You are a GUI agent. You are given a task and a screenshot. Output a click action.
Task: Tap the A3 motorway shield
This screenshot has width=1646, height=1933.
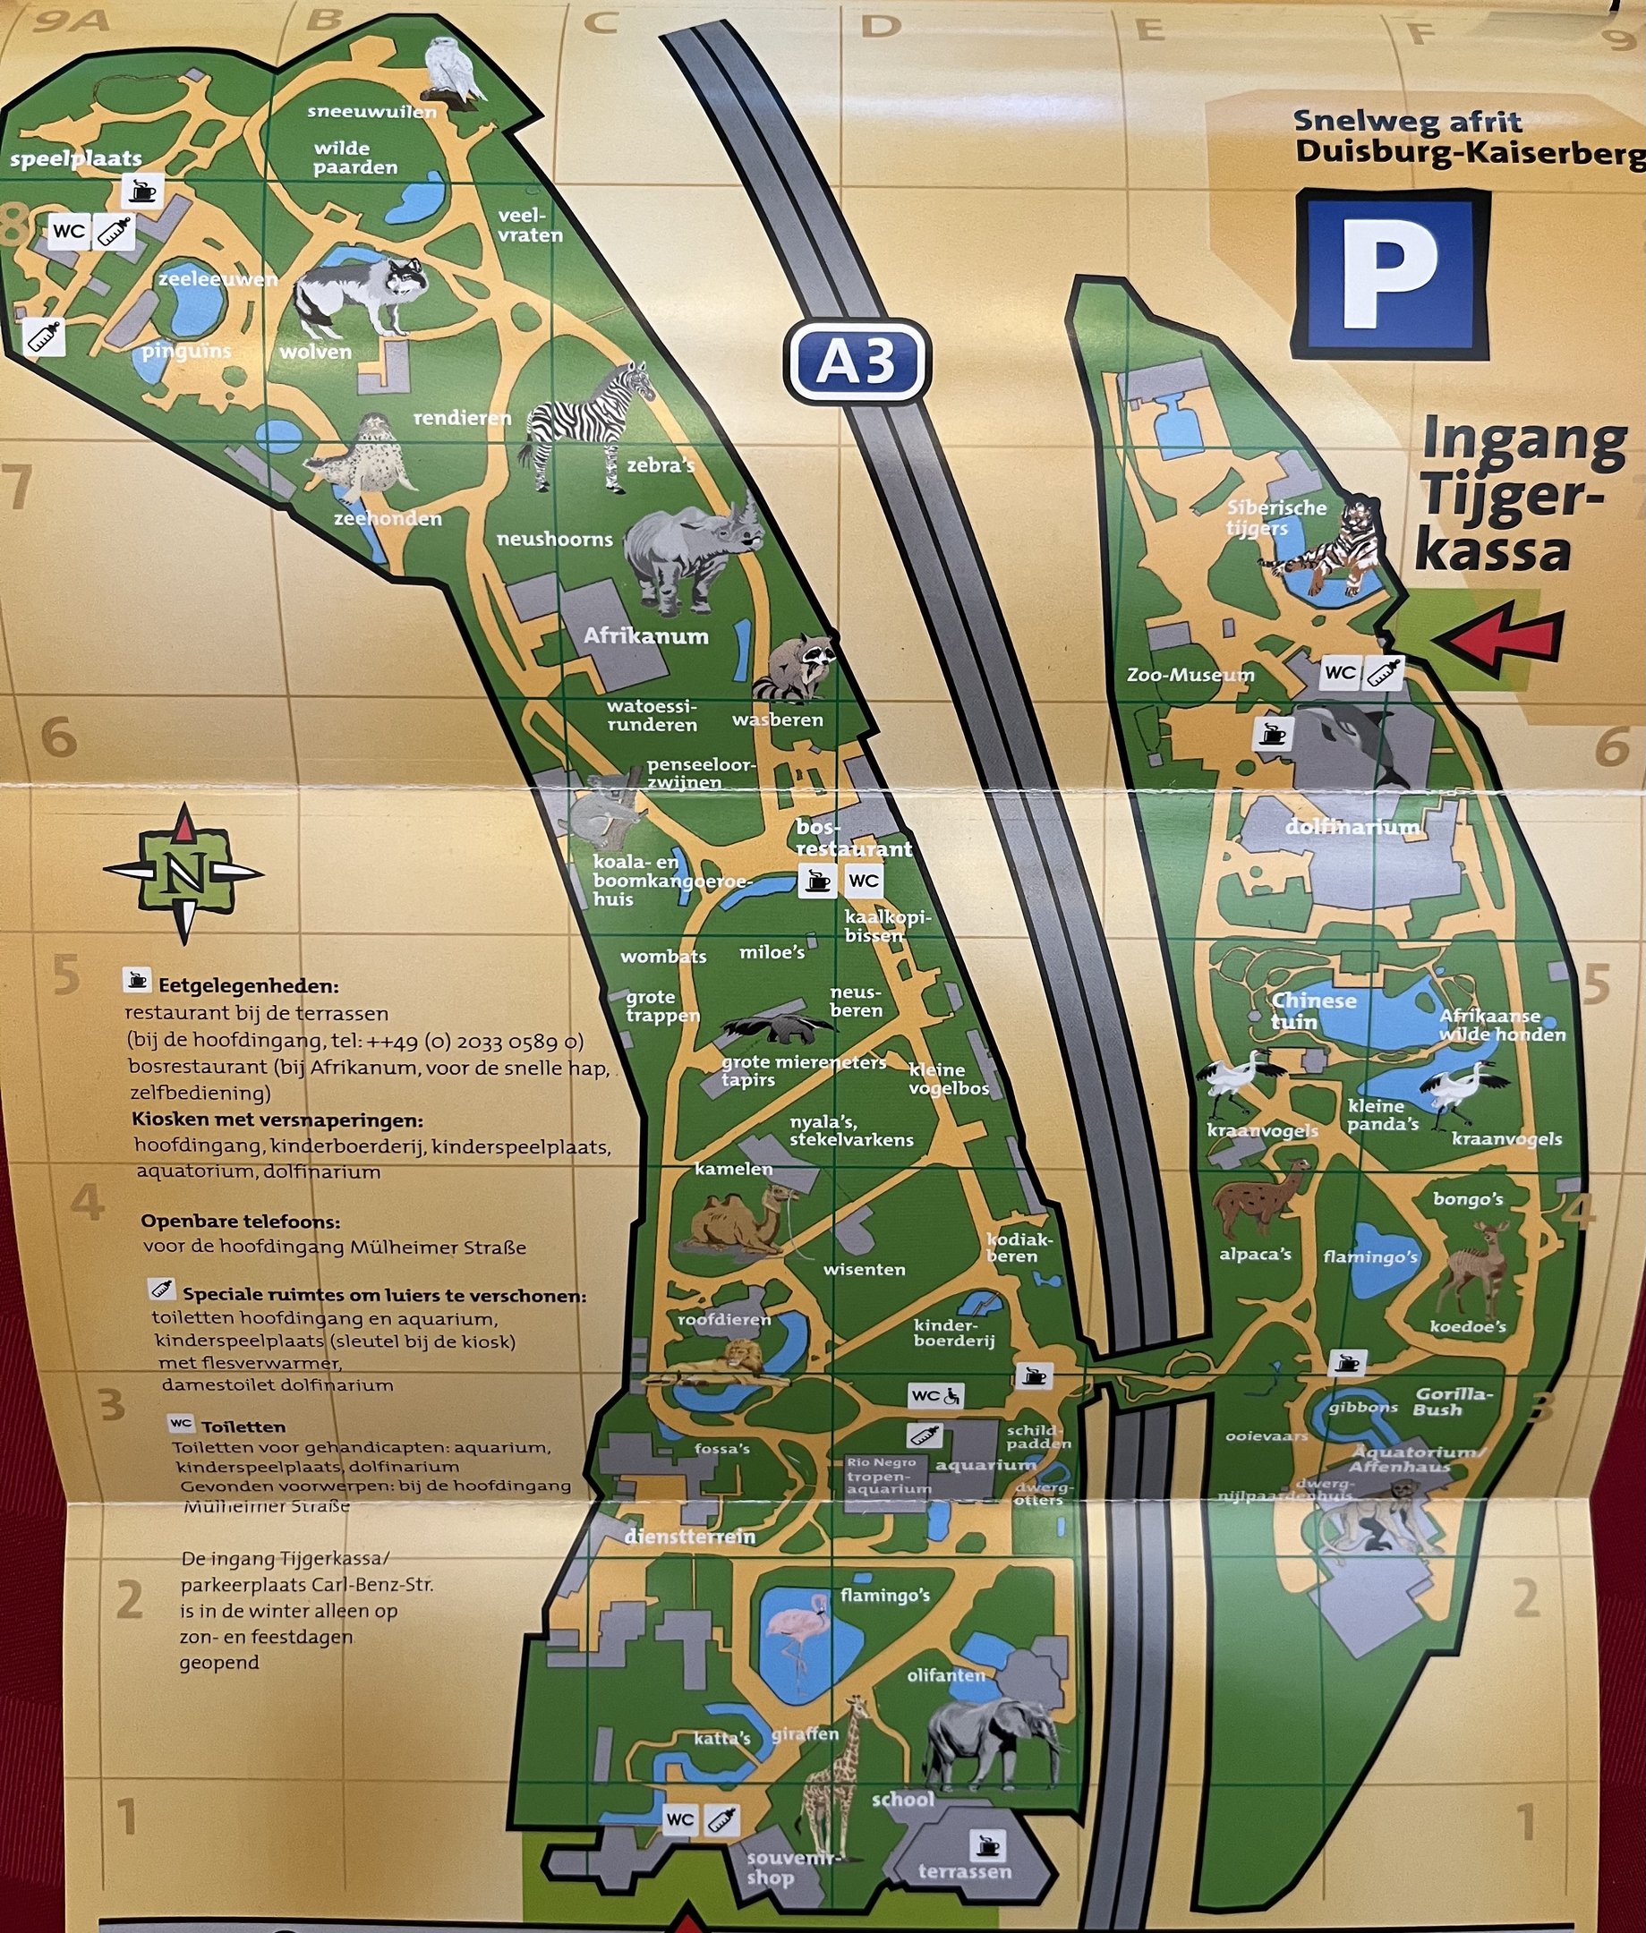857,361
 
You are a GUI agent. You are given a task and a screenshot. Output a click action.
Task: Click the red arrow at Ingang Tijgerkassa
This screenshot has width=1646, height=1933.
1498,640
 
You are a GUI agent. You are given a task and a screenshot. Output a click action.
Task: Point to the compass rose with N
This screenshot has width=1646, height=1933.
183,873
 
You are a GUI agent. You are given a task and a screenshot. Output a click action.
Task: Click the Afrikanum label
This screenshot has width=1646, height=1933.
645,636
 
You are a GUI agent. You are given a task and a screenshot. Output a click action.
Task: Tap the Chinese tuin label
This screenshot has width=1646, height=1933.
1313,1010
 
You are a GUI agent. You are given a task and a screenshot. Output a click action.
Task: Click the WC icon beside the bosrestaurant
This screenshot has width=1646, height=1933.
863,881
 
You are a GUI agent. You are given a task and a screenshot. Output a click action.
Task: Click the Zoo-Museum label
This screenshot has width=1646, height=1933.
1190,675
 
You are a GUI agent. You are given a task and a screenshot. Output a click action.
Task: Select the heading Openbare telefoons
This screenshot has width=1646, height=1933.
240,1222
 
